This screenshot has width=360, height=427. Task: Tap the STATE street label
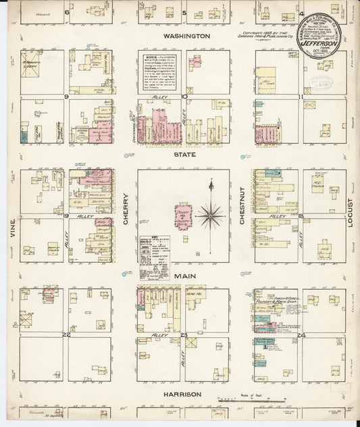(185, 155)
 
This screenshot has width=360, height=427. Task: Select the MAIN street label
(185, 276)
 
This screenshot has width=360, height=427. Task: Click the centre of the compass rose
(211, 215)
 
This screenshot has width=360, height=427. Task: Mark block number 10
(184, 97)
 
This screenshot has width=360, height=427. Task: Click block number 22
(67, 334)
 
